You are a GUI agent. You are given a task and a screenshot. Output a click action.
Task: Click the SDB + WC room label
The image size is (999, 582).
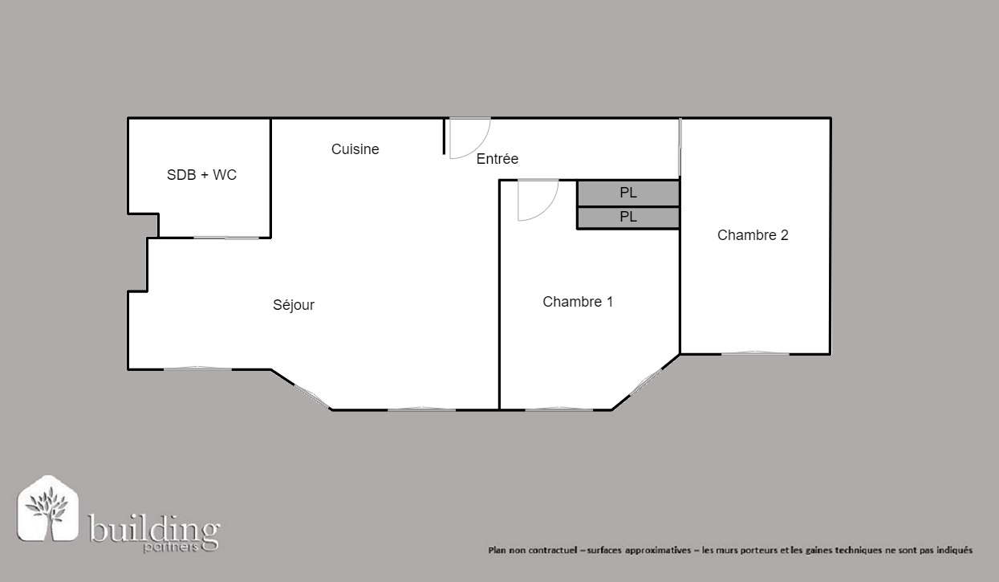(x=201, y=174)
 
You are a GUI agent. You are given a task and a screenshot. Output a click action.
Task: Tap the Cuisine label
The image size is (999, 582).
(x=355, y=149)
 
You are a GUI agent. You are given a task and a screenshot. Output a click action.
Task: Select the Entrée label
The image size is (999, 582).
(x=497, y=158)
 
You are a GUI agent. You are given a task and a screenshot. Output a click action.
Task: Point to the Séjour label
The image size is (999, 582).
(x=294, y=305)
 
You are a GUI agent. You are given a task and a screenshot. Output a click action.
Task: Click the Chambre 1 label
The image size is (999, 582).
(x=578, y=302)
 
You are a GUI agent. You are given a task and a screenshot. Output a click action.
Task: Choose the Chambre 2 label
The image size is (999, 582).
(x=753, y=235)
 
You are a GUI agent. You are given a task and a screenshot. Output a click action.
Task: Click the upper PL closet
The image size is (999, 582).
(x=628, y=193)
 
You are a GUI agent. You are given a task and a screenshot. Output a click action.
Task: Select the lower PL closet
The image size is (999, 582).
(x=628, y=218)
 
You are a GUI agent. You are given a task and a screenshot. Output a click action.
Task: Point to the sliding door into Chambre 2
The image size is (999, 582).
(x=680, y=147)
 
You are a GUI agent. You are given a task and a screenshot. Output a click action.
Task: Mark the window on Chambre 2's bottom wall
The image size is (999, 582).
(x=755, y=353)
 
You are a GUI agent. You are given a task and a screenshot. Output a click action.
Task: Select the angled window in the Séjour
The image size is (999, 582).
(x=312, y=397)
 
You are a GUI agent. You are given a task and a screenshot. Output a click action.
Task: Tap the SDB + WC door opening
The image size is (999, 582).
(x=226, y=238)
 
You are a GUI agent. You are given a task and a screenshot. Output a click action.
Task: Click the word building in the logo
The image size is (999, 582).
(x=154, y=529)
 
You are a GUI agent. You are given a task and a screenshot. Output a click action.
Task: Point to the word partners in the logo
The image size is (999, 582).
(x=170, y=547)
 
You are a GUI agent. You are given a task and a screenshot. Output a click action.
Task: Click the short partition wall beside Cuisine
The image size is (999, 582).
(x=445, y=136)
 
